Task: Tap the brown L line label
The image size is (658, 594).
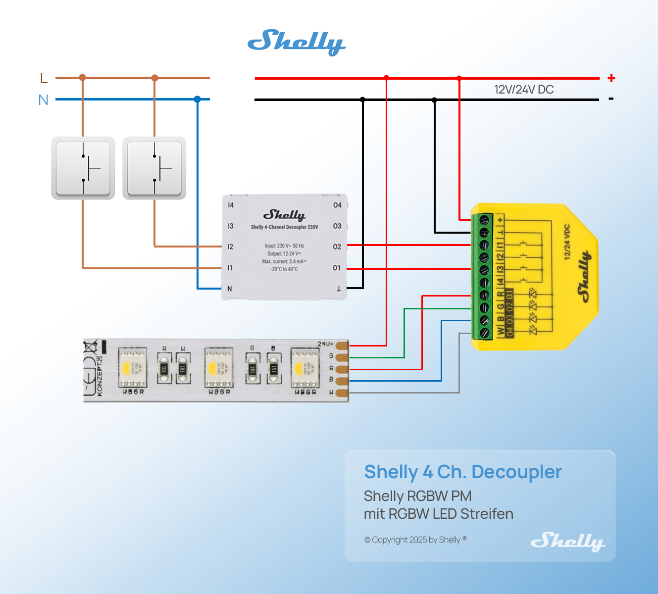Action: [x=44, y=78]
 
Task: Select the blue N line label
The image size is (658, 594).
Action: [x=44, y=100]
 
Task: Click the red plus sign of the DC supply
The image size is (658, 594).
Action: [x=611, y=78]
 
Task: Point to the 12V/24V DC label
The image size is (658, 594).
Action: [x=524, y=90]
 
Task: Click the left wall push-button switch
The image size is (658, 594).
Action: [x=83, y=168]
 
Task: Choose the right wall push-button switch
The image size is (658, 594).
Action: [x=154, y=168]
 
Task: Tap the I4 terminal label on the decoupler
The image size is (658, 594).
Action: [x=231, y=205]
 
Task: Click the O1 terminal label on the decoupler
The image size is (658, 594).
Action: [x=337, y=268]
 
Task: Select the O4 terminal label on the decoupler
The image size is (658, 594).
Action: [x=337, y=205]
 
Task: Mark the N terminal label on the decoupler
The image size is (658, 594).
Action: [x=229, y=289]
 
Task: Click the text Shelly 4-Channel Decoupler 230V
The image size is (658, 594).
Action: [x=284, y=227]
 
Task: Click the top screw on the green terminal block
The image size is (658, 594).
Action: [x=484, y=219]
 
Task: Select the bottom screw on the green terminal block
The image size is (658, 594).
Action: [x=484, y=333]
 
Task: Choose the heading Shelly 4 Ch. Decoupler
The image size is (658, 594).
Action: [x=463, y=472]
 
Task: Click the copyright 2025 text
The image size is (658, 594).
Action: [x=415, y=540]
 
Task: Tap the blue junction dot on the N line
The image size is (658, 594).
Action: [x=198, y=99]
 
